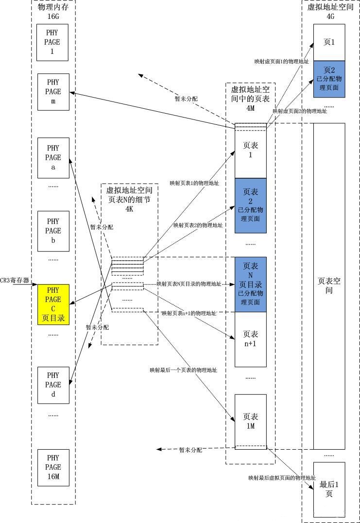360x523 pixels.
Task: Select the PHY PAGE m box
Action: tap(53, 91)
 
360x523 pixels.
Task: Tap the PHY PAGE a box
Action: tap(53, 157)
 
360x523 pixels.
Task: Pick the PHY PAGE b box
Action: tap(53, 231)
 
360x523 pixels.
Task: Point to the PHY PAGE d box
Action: tap(53, 384)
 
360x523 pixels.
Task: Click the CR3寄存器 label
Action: tap(15, 281)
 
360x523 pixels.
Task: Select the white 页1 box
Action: tap(329, 42)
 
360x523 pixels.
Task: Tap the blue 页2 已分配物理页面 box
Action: tap(329, 79)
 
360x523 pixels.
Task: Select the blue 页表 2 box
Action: tap(251, 205)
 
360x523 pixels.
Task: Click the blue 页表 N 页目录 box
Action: tap(251, 284)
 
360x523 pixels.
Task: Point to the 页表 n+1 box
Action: tap(251, 339)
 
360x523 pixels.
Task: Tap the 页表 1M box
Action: tap(251, 421)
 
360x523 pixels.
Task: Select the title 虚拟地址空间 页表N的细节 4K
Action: tap(129, 199)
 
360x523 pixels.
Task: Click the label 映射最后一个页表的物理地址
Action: tap(183, 370)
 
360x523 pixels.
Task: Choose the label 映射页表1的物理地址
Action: tap(194, 183)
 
